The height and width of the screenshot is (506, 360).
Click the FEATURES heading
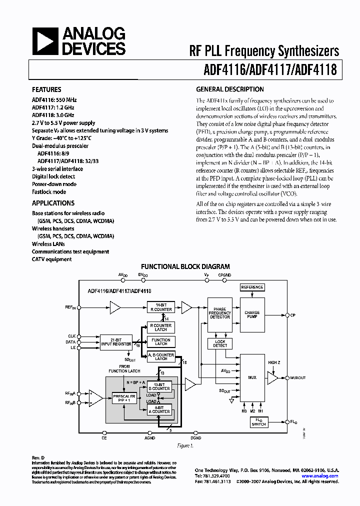[46, 89]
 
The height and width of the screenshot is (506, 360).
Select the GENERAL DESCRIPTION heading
[229, 89]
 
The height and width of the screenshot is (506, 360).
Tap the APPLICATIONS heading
[53, 203]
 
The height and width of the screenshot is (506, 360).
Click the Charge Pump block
[252, 315]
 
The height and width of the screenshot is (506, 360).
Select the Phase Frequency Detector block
[220, 313]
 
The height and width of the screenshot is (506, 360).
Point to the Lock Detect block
[220, 343]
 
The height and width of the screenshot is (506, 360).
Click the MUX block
[252, 377]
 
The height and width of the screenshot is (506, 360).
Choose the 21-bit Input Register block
[115, 341]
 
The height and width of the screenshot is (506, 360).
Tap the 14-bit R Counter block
[161, 307]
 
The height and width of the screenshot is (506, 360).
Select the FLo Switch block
[258, 422]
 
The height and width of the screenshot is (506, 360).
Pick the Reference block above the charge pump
[252, 287]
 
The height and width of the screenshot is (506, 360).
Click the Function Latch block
[161, 341]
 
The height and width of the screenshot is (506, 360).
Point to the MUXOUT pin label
[299, 378]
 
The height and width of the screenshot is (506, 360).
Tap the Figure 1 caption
[183, 445]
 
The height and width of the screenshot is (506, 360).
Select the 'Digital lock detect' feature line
[53, 176]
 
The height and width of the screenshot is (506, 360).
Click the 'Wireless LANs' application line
[48, 244]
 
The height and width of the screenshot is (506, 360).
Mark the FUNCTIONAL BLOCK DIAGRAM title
[185, 266]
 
